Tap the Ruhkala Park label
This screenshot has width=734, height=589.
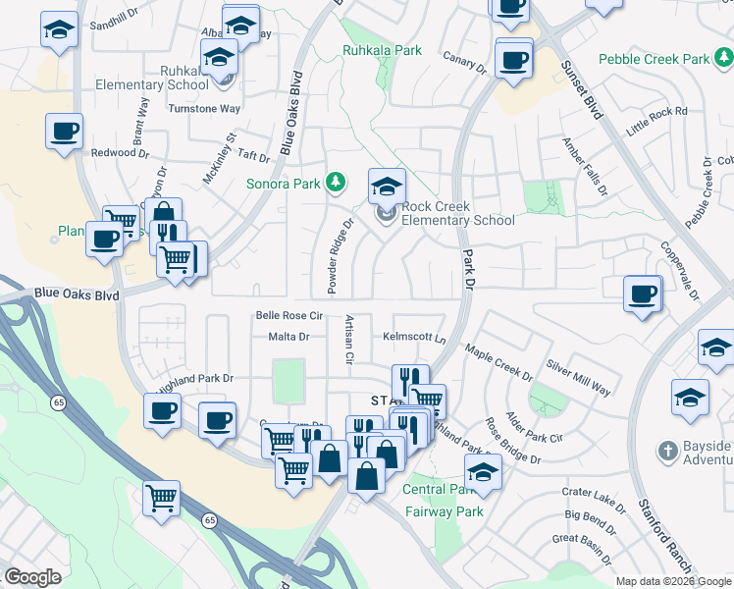[x=382, y=49]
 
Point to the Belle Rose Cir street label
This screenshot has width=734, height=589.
[x=288, y=315]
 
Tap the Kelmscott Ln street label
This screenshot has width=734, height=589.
[x=414, y=336]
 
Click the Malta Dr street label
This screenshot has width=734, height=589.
[x=288, y=337]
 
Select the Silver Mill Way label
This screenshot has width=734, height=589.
[x=578, y=376]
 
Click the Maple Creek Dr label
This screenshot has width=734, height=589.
[x=498, y=362]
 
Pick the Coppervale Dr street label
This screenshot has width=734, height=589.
[x=679, y=270]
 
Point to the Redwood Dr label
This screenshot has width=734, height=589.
[x=119, y=153]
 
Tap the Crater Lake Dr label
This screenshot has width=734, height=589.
[x=593, y=499]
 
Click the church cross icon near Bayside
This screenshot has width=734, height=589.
[x=667, y=453]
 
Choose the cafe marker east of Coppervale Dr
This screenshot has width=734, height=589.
[x=643, y=294]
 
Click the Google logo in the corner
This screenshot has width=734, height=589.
[x=32, y=577]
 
